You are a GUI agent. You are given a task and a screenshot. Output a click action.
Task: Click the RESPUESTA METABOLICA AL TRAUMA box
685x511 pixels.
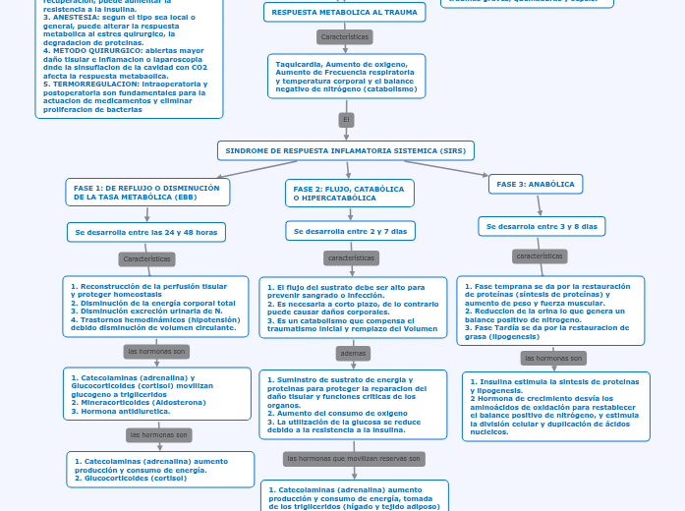(344, 13)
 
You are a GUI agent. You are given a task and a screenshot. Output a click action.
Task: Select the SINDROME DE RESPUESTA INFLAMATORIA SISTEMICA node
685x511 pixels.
(345, 150)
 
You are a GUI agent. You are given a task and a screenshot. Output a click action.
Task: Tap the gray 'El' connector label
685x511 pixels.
(345, 120)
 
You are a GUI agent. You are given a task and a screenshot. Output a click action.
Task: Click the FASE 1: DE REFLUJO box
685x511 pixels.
(147, 192)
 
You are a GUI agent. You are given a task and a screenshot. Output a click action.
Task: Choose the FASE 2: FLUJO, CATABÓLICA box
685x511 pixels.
(348, 193)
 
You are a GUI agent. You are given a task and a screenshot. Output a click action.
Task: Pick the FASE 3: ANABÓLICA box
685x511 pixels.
(536, 184)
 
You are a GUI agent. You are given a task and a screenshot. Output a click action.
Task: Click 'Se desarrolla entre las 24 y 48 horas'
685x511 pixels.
(146, 232)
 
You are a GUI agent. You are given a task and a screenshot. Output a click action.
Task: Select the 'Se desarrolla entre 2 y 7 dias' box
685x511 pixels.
(350, 231)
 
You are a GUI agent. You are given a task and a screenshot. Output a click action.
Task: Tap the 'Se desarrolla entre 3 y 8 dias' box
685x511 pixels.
(542, 226)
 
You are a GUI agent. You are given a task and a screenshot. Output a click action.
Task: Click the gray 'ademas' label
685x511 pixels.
(352, 352)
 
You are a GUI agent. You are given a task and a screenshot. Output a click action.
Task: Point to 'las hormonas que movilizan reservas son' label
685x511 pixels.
(354, 459)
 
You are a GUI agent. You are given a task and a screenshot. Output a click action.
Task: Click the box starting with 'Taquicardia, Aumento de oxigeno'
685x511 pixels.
(346, 77)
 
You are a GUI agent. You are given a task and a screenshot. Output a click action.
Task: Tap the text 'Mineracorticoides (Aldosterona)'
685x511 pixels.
(143, 402)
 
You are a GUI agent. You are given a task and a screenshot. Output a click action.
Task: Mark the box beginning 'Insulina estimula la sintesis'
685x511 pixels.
(555, 406)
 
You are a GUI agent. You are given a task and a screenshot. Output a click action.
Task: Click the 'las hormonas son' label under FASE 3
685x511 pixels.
(551, 358)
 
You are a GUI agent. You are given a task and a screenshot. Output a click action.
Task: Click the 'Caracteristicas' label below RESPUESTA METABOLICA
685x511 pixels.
(345, 36)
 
